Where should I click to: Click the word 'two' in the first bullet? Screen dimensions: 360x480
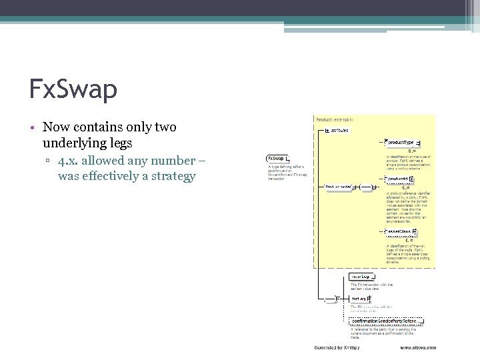(163, 127)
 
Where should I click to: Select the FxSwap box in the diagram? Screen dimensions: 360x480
(277, 158)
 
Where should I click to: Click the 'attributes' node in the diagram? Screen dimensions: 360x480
(338, 131)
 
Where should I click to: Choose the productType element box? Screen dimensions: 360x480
(403, 143)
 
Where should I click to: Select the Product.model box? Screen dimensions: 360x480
(339, 187)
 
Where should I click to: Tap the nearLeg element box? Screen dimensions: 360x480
(361, 276)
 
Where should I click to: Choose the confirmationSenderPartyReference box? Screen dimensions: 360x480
(387, 321)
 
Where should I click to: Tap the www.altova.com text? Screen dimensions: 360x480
(418, 347)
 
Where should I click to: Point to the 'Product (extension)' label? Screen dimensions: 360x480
(335, 119)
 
